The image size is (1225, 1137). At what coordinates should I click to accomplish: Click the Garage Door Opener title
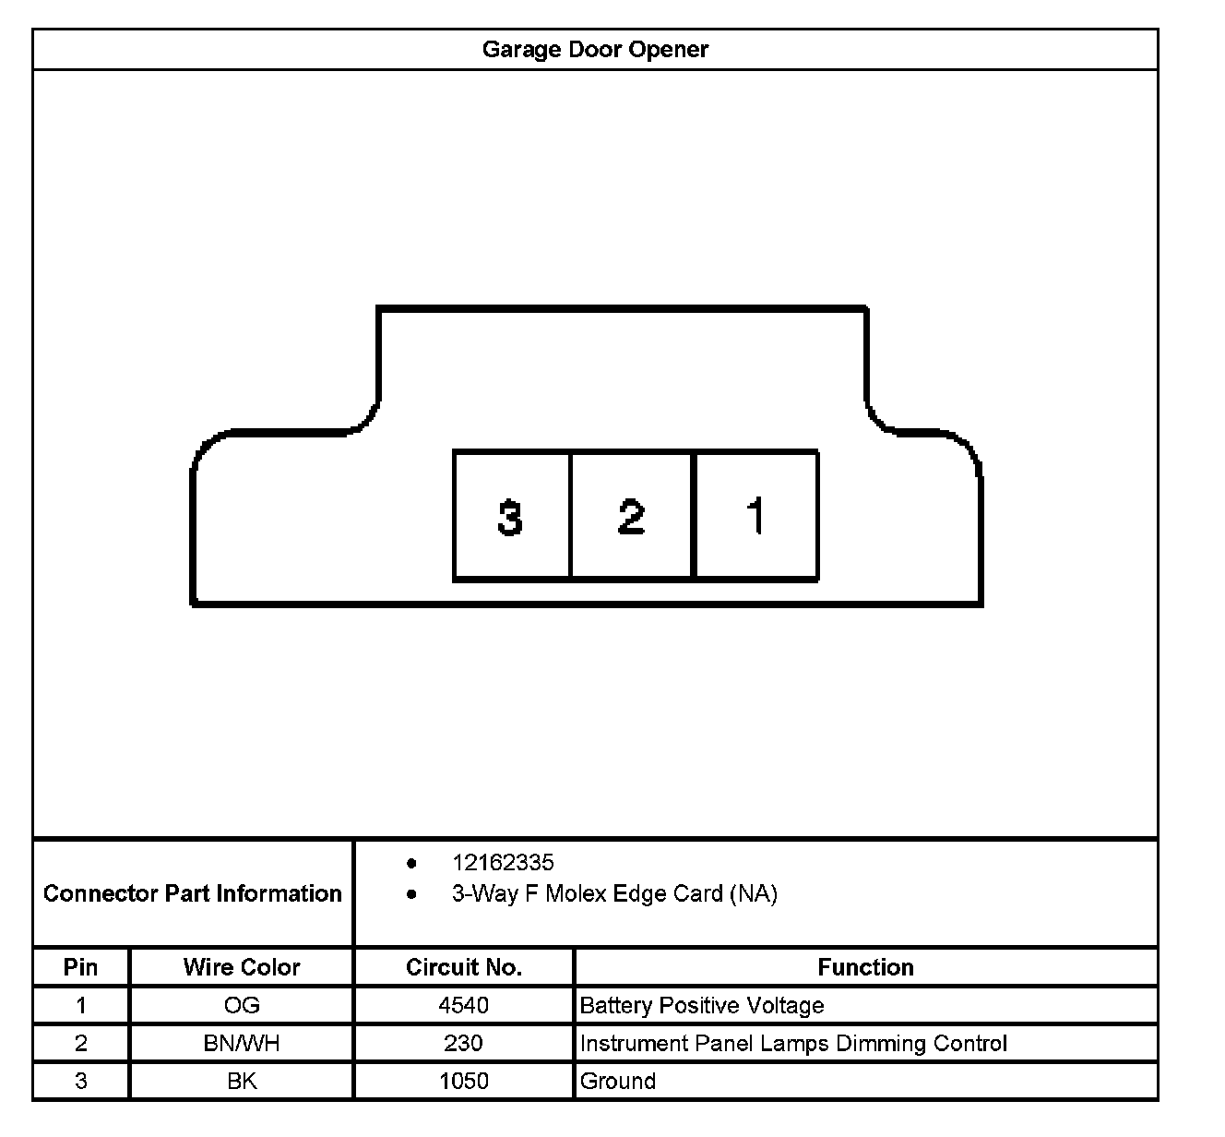click(x=595, y=49)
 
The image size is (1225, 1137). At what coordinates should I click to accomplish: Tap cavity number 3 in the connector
click(x=510, y=516)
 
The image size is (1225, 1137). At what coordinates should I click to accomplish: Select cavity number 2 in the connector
click(x=631, y=516)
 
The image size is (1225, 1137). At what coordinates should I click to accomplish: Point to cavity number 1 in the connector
click(x=755, y=516)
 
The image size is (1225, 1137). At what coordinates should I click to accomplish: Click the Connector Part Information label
click(x=192, y=893)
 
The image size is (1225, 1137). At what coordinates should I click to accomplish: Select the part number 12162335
click(x=503, y=863)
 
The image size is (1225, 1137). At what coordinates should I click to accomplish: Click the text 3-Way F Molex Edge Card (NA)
click(x=614, y=893)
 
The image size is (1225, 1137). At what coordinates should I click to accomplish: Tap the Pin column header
click(x=81, y=967)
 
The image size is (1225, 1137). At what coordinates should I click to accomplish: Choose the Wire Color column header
click(x=242, y=967)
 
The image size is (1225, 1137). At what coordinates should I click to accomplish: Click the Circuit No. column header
click(x=464, y=967)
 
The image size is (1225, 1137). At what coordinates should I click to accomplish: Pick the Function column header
click(x=865, y=967)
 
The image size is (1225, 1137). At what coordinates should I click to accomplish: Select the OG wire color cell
click(x=242, y=1005)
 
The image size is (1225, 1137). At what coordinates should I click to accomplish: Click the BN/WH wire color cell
click(x=242, y=1043)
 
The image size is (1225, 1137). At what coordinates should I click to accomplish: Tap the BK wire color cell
click(x=242, y=1081)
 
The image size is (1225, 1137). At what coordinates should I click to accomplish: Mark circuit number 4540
click(x=464, y=1005)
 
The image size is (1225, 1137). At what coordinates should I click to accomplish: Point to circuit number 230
click(x=463, y=1043)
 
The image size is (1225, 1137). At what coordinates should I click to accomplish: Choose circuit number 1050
click(x=464, y=1081)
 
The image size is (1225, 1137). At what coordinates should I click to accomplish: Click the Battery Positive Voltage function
click(x=702, y=1005)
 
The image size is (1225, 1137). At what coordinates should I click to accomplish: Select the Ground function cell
click(x=618, y=1081)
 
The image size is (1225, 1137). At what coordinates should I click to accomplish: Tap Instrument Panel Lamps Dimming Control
click(x=793, y=1043)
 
